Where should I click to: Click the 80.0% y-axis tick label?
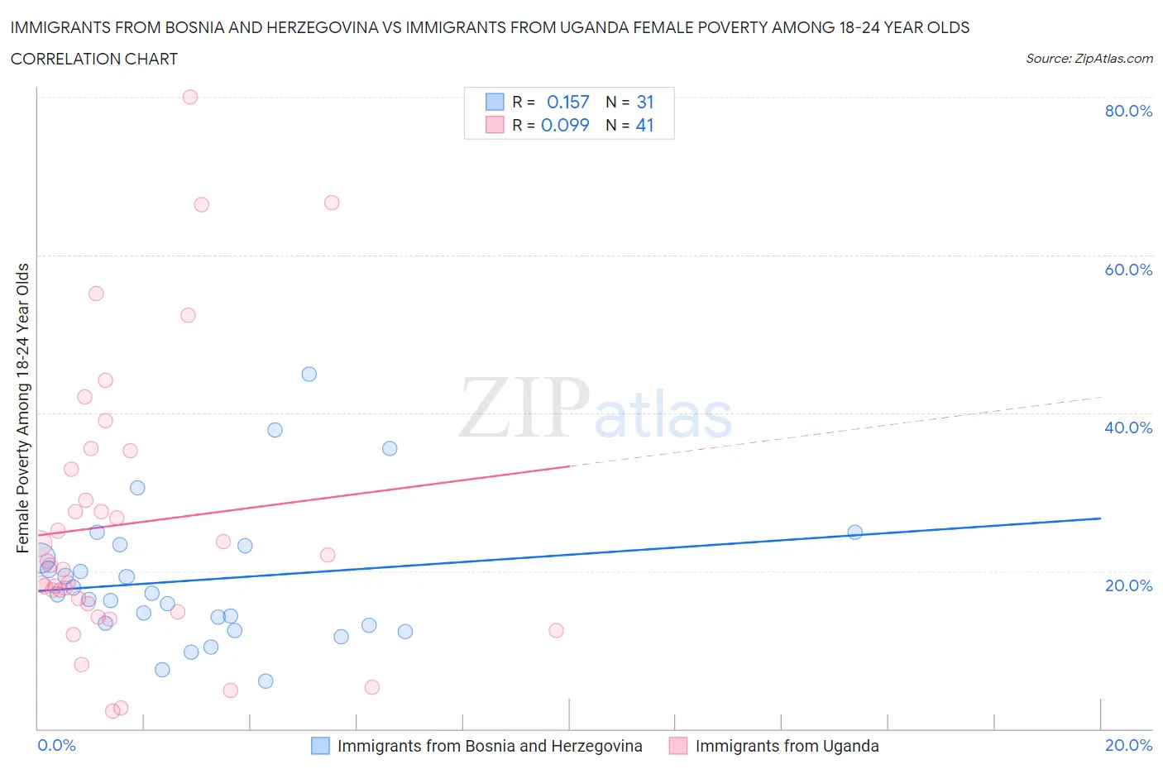tap(1128, 111)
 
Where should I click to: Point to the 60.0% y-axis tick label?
tap(1128, 270)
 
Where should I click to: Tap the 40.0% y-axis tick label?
tap(1128, 427)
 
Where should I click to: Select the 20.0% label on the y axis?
tap(1128, 585)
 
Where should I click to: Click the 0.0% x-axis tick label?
tap(56, 745)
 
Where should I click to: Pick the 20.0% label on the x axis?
tap(1128, 745)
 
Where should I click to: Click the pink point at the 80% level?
tap(190, 97)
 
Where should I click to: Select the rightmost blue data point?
tap(855, 533)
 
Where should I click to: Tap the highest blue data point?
tap(309, 374)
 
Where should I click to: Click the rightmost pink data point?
tap(557, 630)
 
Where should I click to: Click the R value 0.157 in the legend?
tap(568, 102)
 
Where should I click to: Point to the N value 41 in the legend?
tap(644, 125)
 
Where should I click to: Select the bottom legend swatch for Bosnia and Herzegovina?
tap(320, 746)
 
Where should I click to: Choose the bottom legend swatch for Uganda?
tap(678, 746)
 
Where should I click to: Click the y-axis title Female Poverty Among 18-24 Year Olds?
tap(22, 408)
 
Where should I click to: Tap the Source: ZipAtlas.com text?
tap(1089, 59)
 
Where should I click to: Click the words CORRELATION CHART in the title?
tap(94, 59)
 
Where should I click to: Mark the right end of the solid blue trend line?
tap(1100, 518)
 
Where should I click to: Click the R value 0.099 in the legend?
tap(565, 125)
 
